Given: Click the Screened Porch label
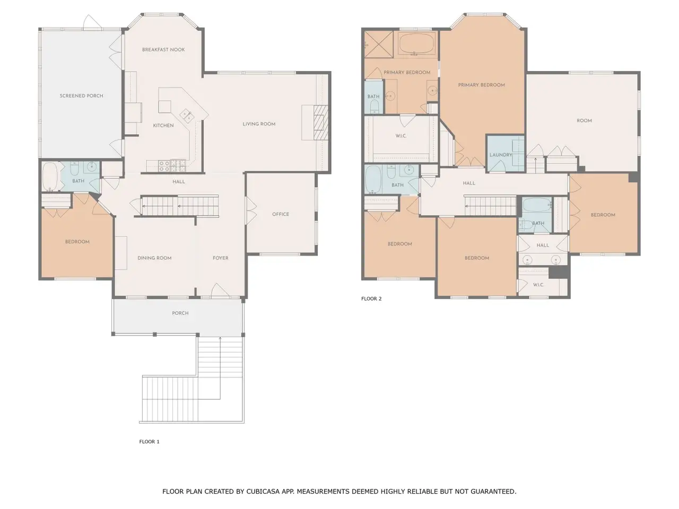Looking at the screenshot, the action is tap(81, 96).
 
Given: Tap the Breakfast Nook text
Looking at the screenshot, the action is tap(163, 49).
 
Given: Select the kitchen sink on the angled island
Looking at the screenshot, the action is tap(187, 115).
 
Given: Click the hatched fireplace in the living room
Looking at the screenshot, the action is tap(321, 122).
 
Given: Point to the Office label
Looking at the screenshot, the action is tap(281, 214).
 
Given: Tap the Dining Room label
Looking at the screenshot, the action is tap(154, 258).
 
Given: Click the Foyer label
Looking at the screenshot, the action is tap(221, 258).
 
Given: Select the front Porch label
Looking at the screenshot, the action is tap(180, 313).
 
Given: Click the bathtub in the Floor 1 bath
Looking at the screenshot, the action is tap(50, 177).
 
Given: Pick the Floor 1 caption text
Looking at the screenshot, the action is tap(149, 442).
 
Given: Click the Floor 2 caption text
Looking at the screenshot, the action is tap(371, 299).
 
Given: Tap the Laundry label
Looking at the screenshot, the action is tap(501, 155).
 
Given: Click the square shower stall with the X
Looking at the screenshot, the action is tap(379, 44).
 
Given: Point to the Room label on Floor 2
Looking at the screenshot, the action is tap(584, 120).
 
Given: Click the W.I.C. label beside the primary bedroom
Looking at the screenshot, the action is tap(401, 136).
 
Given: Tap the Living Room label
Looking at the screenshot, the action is tap(259, 124).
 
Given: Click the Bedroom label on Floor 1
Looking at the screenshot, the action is tap(77, 242).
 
